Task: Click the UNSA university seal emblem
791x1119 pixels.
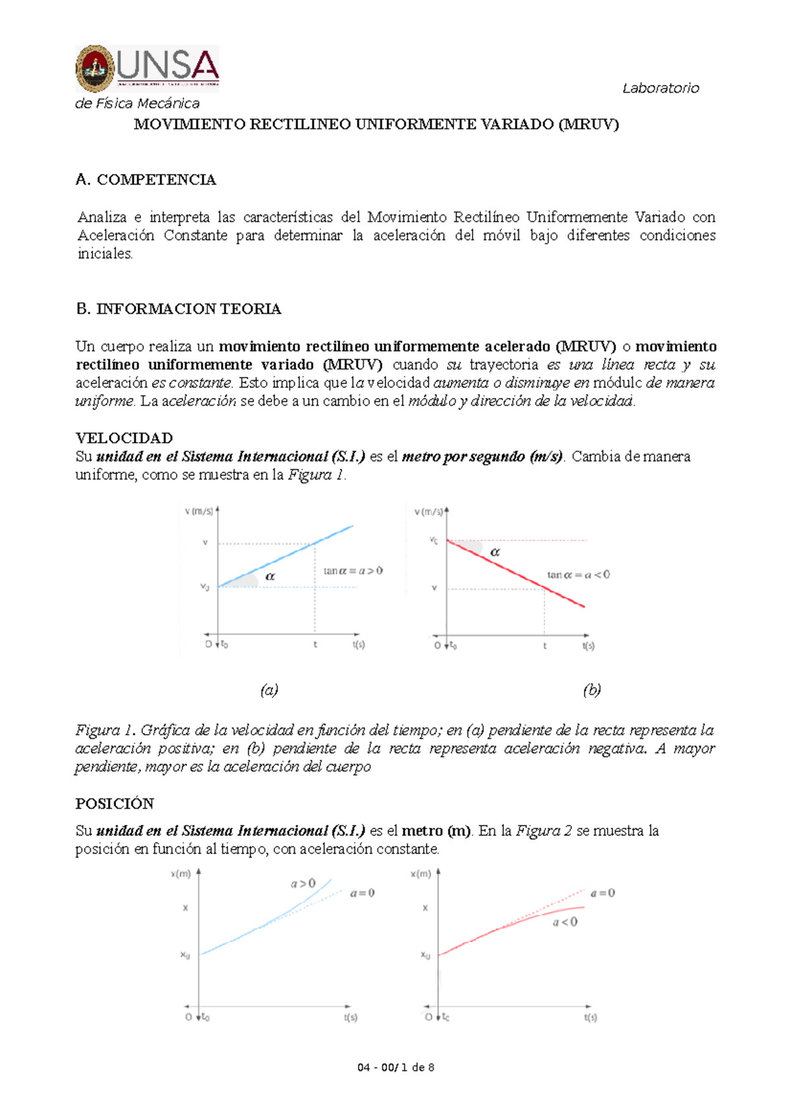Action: tap(96, 68)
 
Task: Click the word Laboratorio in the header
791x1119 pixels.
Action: tap(660, 88)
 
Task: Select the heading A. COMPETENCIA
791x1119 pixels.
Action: tap(146, 180)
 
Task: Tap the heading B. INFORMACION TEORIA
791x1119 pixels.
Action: tap(179, 309)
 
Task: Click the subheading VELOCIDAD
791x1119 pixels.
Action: tap(124, 438)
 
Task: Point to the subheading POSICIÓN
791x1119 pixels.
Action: tap(115, 804)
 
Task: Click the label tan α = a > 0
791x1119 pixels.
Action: tap(353, 571)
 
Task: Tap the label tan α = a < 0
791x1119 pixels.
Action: tap(578, 575)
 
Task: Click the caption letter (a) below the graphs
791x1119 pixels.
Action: tap(269, 690)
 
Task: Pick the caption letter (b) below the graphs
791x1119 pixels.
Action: tap(591, 690)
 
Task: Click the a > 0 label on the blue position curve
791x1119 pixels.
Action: tap(303, 883)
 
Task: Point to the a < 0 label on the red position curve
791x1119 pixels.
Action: tap(565, 922)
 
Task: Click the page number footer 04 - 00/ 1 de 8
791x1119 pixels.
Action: tap(395, 1068)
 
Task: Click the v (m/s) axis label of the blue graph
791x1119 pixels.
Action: tap(198, 511)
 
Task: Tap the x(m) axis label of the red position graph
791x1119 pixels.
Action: tap(421, 874)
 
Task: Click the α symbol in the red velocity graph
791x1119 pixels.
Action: tap(495, 552)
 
